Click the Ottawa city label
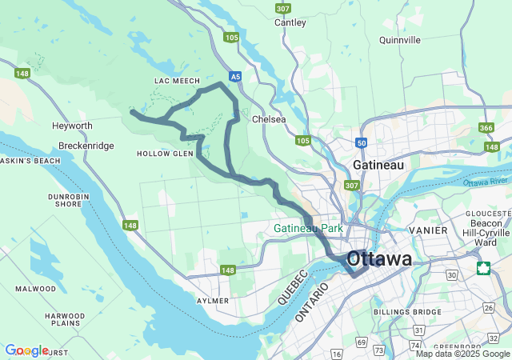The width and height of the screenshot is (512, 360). click(x=380, y=258)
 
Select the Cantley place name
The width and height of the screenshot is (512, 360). click(x=290, y=22)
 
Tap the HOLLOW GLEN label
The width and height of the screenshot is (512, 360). click(x=166, y=153)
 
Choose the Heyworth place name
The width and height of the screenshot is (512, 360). click(x=72, y=126)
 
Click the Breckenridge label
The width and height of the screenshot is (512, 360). click(x=86, y=146)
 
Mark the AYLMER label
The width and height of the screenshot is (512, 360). click(x=213, y=301)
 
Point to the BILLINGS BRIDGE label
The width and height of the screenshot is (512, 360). click(x=407, y=311)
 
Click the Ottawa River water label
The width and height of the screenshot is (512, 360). click(x=485, y=182)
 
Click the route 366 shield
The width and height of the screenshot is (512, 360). click(x=486, y=127)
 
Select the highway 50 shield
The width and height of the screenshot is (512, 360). click(x=362, y=142)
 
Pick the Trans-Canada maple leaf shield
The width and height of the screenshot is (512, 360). click(x=483, y=267)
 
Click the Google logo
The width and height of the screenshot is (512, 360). click(x=26, y=350)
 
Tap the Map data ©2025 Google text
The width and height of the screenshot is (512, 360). click(x=462, y=354)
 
